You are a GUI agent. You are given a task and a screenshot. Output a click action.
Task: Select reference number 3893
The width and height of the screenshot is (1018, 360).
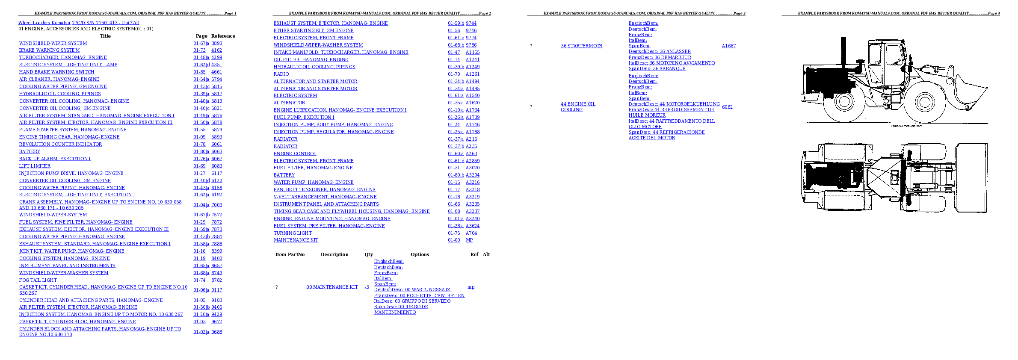[217, 43]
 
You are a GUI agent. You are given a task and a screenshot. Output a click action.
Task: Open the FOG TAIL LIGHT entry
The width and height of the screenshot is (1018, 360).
[38, 280]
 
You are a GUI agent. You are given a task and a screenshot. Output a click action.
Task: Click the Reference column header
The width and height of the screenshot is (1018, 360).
[223, 36]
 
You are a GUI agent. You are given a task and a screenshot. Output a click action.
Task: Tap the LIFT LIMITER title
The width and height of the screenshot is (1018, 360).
[35, 166]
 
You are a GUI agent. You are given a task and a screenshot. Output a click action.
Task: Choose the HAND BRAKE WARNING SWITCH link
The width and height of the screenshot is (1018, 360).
[56, 72]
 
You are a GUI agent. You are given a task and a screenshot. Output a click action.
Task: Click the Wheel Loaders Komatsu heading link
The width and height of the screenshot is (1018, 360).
[79, 23]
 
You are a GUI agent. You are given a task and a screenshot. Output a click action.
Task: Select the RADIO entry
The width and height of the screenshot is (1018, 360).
[281, 74]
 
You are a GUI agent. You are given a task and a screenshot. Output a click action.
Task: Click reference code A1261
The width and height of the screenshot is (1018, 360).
[473, 74]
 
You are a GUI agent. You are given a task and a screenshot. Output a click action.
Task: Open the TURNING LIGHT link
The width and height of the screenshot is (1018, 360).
[293, 233]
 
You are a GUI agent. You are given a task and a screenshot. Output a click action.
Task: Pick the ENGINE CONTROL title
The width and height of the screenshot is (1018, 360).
[295, 154]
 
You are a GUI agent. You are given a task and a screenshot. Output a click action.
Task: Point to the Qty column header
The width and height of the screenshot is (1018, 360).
[369, 254]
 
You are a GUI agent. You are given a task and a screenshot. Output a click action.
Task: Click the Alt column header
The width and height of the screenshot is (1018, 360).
[486, 254]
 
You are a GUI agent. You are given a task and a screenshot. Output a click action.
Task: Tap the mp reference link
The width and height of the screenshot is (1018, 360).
[471, 287]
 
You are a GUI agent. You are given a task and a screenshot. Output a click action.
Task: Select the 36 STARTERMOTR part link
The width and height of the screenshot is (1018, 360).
[582, 46]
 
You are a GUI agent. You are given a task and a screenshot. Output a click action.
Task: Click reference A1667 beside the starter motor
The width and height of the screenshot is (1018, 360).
[729, 46]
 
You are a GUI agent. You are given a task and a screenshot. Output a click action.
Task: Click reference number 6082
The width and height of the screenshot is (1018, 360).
[727, 107]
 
